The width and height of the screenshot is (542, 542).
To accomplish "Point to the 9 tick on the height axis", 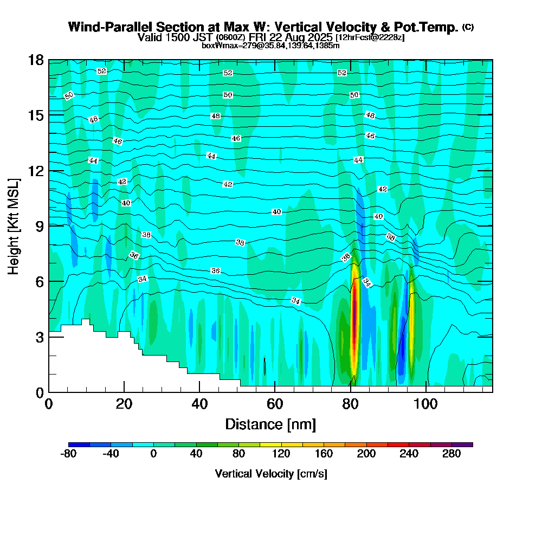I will point(49,225).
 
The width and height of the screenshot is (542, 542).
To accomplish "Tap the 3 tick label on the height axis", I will point(38,337).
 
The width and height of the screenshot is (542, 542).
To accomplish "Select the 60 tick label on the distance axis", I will point(275,404).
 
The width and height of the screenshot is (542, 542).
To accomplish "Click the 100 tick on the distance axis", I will point(426,392).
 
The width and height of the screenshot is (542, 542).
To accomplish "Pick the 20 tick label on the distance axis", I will point(124,404).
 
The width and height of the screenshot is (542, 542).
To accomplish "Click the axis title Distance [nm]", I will point(270,424).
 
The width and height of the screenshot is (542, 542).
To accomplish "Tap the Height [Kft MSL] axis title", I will point(14,225).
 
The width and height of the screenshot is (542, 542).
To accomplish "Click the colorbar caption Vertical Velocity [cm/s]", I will point(270,474).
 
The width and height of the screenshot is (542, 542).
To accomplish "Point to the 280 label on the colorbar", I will point(451,454).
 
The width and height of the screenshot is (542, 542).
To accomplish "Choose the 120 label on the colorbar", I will point(281,454).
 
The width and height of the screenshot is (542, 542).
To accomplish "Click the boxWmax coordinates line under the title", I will point(270,46).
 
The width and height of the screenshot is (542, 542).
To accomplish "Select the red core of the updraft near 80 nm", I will point(356,320).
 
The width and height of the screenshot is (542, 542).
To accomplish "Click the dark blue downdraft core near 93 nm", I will point(402,352).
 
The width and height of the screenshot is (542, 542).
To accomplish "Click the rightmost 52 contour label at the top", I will point(341,73).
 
